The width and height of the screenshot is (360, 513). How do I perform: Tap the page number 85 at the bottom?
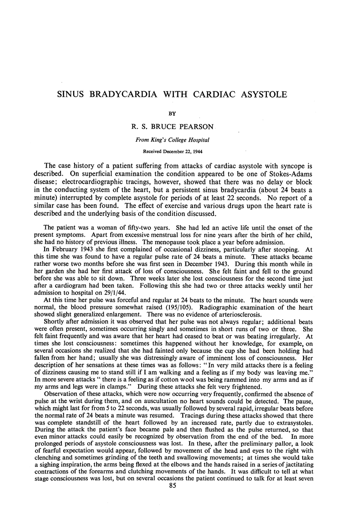(x=180, y=499)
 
